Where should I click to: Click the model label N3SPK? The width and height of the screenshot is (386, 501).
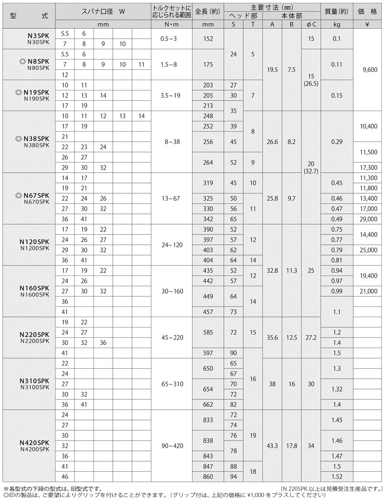tap(41, 33)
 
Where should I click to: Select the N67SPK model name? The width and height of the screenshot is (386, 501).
tap(38, 195)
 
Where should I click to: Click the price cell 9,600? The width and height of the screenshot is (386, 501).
tap(369, 69)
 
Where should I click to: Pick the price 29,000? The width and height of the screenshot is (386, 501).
tap(369, 219)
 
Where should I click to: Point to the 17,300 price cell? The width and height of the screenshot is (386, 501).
tap(369, 167)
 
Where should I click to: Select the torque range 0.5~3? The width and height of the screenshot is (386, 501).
tap(168, 39)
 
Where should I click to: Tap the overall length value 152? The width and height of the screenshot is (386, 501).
tap(208, 39)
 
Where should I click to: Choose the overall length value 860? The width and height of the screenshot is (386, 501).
tap(208, 477)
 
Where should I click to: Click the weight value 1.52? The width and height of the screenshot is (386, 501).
tap(337, 477)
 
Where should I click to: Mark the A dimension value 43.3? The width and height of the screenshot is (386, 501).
tap(272, 446)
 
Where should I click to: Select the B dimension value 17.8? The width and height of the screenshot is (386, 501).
tap(292, 446)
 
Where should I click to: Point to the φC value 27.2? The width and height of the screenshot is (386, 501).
tap(311, 338)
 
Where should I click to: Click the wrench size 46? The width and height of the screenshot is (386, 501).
tap(65, 477)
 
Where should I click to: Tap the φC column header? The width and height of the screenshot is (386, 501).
tap(311, 24)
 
